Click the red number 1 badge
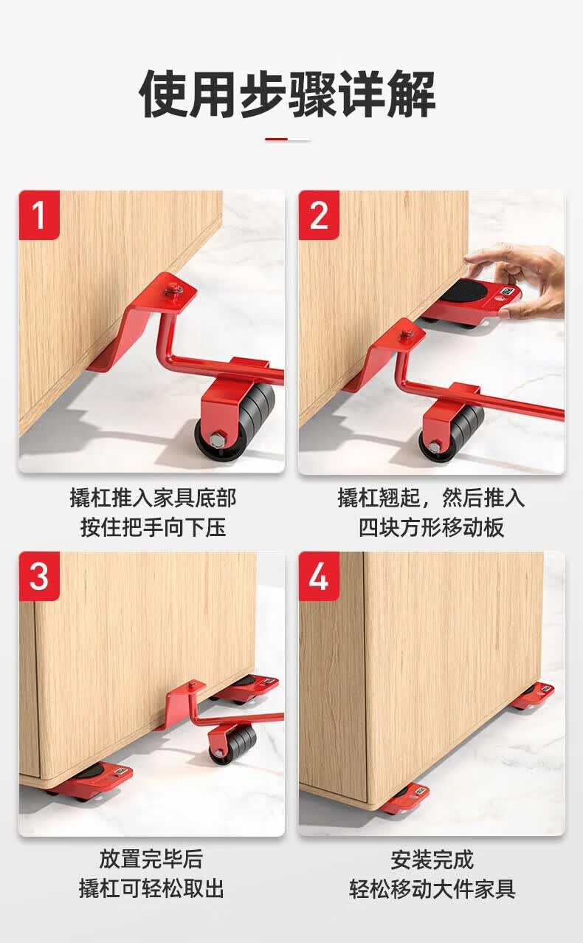point(39,215)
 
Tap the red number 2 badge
point(319,215)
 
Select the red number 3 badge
point(39,576)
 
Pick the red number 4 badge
point(319,576)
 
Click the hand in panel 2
point(522,280)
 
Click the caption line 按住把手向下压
point(153,527)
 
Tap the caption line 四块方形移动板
point(432,527)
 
